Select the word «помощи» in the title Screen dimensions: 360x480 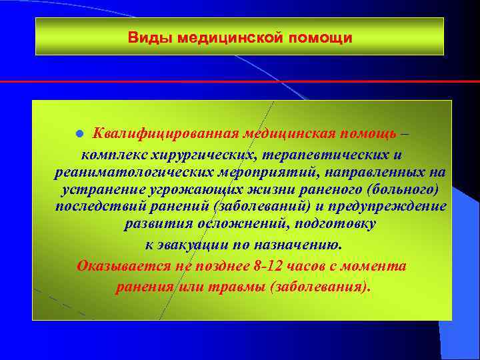click(321, 37)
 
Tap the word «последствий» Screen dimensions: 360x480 click(101, 207)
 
